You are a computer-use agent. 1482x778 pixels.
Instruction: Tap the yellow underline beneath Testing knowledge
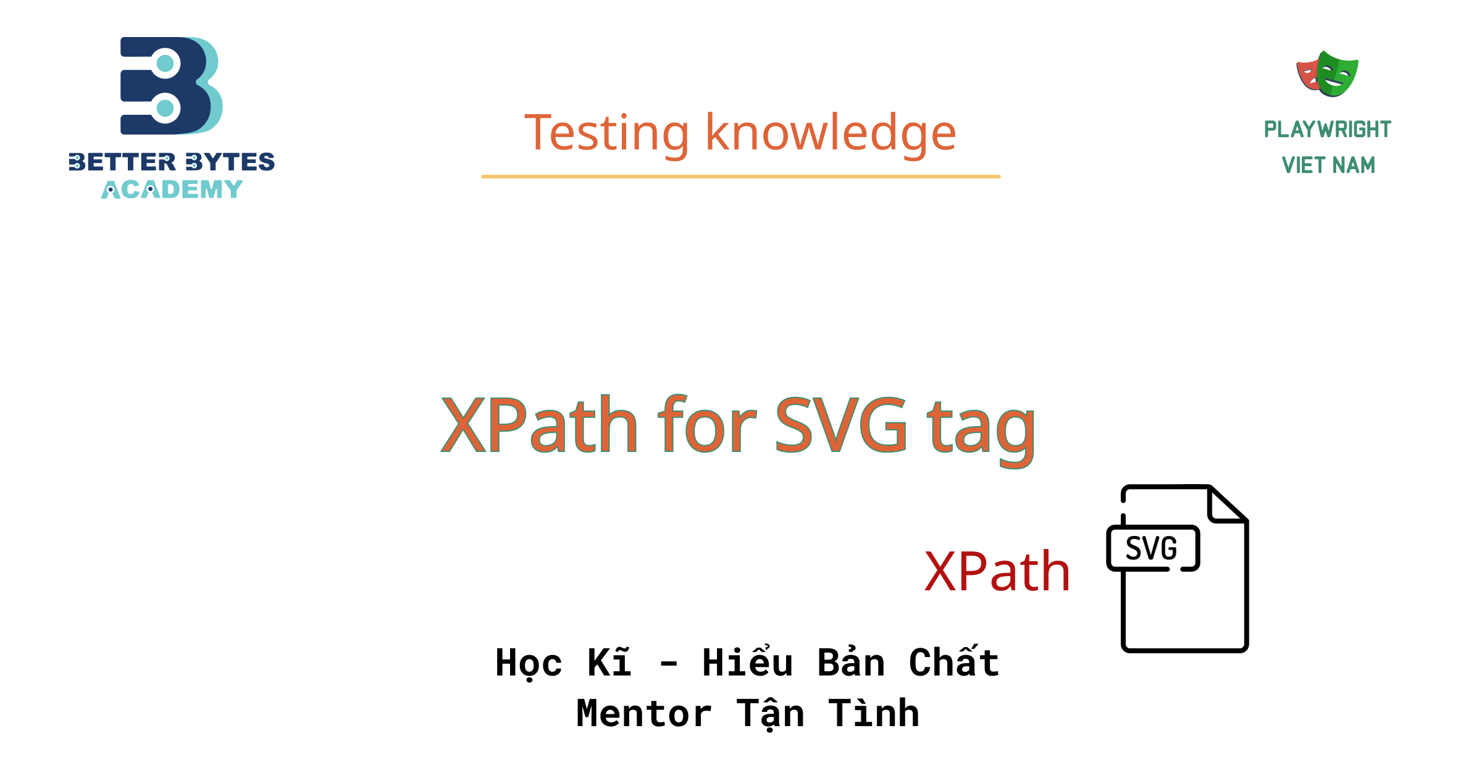tap(740, 177)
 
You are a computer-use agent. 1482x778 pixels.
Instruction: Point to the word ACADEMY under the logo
tap(172, 190)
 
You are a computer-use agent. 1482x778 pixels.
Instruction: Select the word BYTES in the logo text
tap(230, 162)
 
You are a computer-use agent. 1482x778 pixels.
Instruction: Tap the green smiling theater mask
tap(1338, 75)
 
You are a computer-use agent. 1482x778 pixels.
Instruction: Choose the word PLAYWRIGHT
tap(1328, 130)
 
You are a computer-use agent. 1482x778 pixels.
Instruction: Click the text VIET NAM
tap(1328, 165)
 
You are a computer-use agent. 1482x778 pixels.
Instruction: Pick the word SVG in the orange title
tap(841, 426)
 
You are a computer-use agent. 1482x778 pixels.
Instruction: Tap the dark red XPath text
tap(997, 572)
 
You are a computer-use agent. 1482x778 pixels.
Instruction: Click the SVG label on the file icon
tap(1151, 548)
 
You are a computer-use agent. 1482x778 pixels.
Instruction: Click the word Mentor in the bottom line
tap(643, 714)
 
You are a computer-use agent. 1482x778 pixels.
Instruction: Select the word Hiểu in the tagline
tap(747, 663)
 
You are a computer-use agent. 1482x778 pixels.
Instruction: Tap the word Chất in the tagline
tap(954, 663)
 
